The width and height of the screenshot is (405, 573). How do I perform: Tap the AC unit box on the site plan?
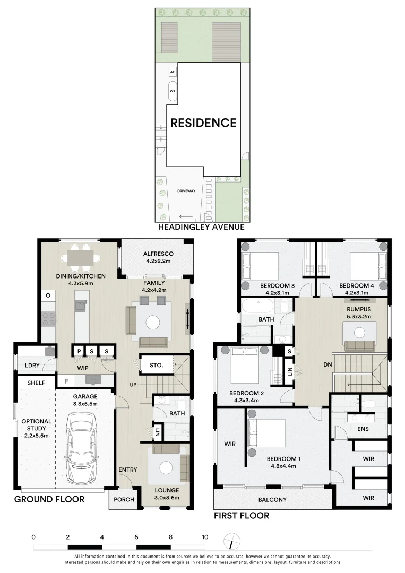tap(173, 72)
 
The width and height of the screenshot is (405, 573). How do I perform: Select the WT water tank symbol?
tap(173, 91)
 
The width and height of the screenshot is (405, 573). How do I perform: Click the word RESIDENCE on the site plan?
tap(204, 123)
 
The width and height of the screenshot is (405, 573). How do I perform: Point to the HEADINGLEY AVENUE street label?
tap(201, 227)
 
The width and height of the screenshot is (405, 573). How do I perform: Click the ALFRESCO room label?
tap(158, 254)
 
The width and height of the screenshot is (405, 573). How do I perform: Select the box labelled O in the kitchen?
tap(48, 296)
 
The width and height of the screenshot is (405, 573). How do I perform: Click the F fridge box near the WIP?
tap(66, 381)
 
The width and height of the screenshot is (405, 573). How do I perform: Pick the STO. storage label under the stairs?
tap(157, 365)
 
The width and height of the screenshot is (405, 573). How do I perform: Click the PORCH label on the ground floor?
tap(124, 500)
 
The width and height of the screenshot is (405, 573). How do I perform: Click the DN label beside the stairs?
tap(328, 364)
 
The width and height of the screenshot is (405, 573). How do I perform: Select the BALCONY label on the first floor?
tap(272, 500)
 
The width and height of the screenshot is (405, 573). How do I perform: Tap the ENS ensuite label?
tap(363, 429)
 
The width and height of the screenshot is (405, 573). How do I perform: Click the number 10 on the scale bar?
tap(205, 537)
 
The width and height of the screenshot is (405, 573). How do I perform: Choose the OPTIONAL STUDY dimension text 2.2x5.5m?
tap(36, 435)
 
